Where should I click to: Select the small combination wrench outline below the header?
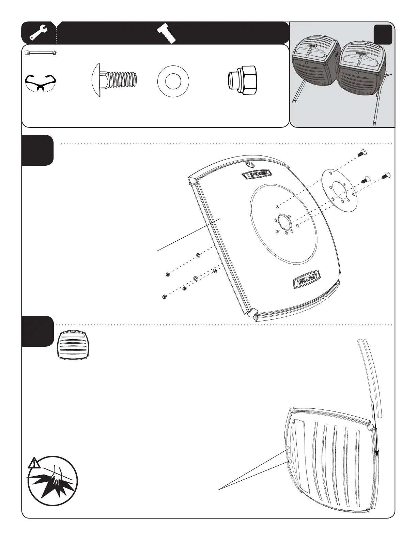pyautogui.click(x=41, y=53)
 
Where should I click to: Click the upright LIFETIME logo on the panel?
pyautogui.click(x=257, y=175)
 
